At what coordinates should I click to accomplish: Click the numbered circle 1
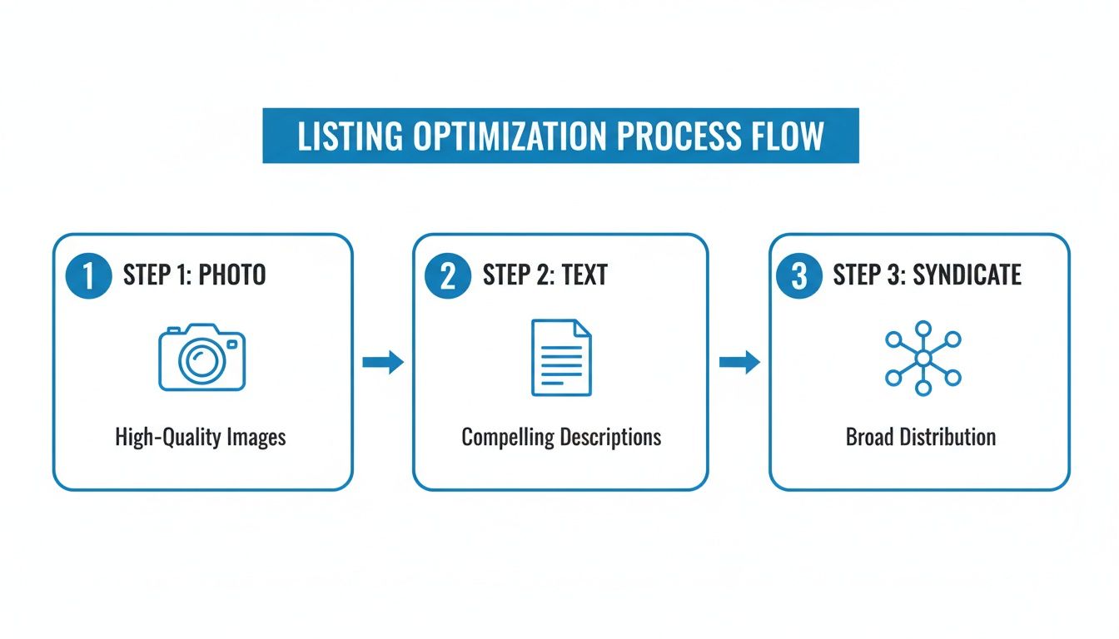pos(87,276)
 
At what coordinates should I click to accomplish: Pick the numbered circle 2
pos(448,276)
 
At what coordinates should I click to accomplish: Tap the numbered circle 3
pos(798,276)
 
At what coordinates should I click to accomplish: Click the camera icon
pos(201,358)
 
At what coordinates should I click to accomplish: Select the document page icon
pos(561,358)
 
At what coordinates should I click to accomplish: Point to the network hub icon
pos(923,358)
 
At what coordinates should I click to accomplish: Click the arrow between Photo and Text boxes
pos(383,362)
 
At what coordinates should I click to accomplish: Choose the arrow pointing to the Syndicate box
pos(739,362)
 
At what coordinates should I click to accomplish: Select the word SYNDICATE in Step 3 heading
pos(967,275)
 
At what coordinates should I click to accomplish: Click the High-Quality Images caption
pos(201,437)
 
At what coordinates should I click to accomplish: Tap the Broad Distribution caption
pos(921,437)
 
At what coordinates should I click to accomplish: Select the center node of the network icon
pos(923,358)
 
